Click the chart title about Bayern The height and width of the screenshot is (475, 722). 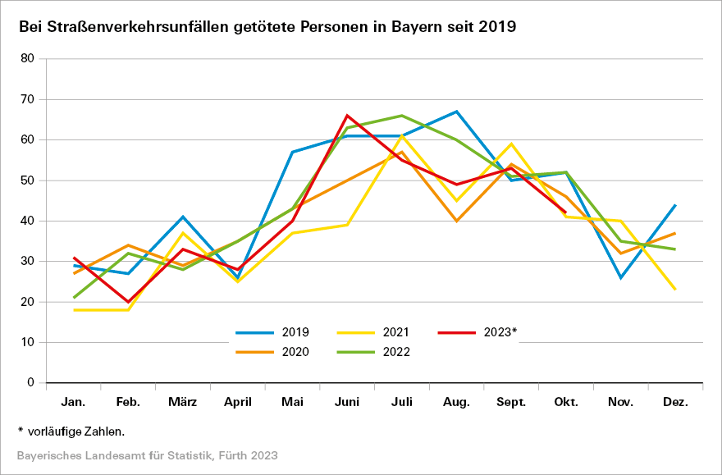[267, 26]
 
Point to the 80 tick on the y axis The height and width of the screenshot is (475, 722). [50, 59]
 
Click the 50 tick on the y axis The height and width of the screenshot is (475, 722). [50, 180]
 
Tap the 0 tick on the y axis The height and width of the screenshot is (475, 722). [53, 383]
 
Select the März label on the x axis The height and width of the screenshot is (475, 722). [183, 403]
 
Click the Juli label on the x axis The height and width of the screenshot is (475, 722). [402, 403]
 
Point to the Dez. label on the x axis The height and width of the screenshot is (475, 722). [675, 403]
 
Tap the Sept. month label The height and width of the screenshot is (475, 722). [511, 403]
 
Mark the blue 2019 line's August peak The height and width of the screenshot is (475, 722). [456, 112]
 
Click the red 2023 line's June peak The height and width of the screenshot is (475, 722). [347, 116]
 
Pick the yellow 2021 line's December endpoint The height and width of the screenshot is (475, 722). [675, 290]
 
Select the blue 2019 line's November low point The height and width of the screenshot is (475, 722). [621, 277]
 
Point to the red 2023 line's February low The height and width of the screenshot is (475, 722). [129, 302]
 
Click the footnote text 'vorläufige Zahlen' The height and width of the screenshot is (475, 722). [75, 431]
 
